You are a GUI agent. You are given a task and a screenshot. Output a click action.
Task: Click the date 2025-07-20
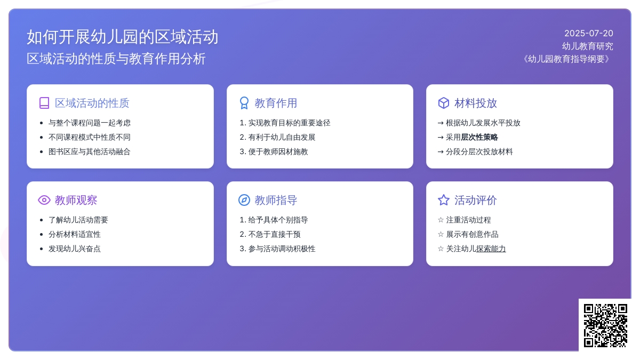pyautogui.click(x=589, y=34)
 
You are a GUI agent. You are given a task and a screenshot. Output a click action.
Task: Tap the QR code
pyautogui.click(x=605, y=326)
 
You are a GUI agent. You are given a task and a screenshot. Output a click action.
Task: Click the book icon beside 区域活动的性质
pyautogui.click(x=44, y=103)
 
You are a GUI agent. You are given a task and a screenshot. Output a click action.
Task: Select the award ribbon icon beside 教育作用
pyautogui.click(x=244, y=103)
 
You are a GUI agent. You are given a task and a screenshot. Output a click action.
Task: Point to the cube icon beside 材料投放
pyautogui.click(x=444, y=103)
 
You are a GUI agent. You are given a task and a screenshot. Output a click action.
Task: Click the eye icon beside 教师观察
pyautogui.click(x=44, y=200)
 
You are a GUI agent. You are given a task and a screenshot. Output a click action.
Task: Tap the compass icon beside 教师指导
pyautogui.click(x=244, y=200)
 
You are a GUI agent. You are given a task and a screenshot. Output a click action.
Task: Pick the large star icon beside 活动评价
pyautogui.click(x=444, y=200)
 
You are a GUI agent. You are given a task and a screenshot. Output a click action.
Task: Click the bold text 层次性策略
pyautogui.click(x=479, y=138)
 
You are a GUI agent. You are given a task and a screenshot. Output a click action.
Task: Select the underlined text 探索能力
pyautogui.click(x=491, y=249)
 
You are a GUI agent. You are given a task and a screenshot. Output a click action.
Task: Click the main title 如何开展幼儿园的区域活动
pyautogui.click(x=123, y=37)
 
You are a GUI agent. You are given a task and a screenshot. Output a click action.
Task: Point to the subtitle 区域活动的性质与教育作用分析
pyautogui.click(x=116, y=59)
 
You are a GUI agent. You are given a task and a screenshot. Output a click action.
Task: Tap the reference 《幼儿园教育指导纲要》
pyautogui.click(x=566, y=59)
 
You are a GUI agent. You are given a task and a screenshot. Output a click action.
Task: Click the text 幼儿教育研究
pyautogui.click(x=587, y=46)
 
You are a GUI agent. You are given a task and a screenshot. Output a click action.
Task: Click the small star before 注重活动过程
pyautogui.click(x=441, y=220)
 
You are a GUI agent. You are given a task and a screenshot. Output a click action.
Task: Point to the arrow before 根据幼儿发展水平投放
pyautogui.click(x=441, y=123)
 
